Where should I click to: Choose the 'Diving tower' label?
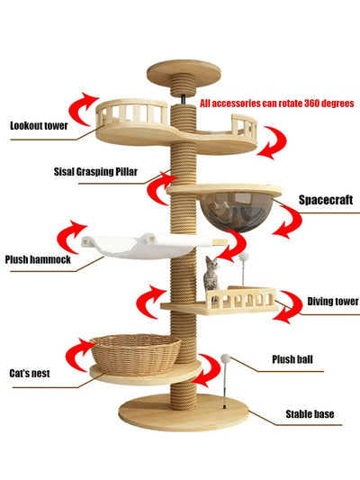click(333, 302)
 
